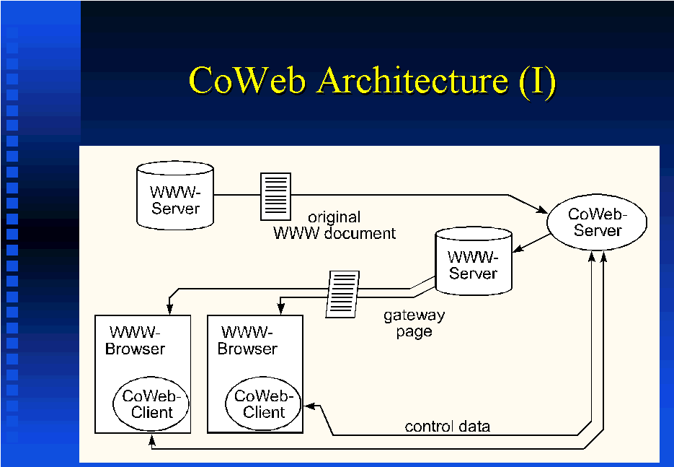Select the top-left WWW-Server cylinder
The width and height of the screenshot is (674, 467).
click(x=175, y=195)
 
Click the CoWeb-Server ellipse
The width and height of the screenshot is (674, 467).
click(x=596, y=222)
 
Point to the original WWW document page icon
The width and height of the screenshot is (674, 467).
click(x=275, y=196)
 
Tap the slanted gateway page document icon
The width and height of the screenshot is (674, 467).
click(x=342, y=293)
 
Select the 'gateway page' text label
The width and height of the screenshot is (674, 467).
click(x=414, y=324)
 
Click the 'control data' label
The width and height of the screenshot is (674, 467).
click(x=447, y=427)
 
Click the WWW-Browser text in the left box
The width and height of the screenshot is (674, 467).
click(x=135, y=341)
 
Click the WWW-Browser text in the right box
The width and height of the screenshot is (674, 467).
click(x=247, y=341)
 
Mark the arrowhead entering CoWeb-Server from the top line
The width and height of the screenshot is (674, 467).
click(x=542, y=209)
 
